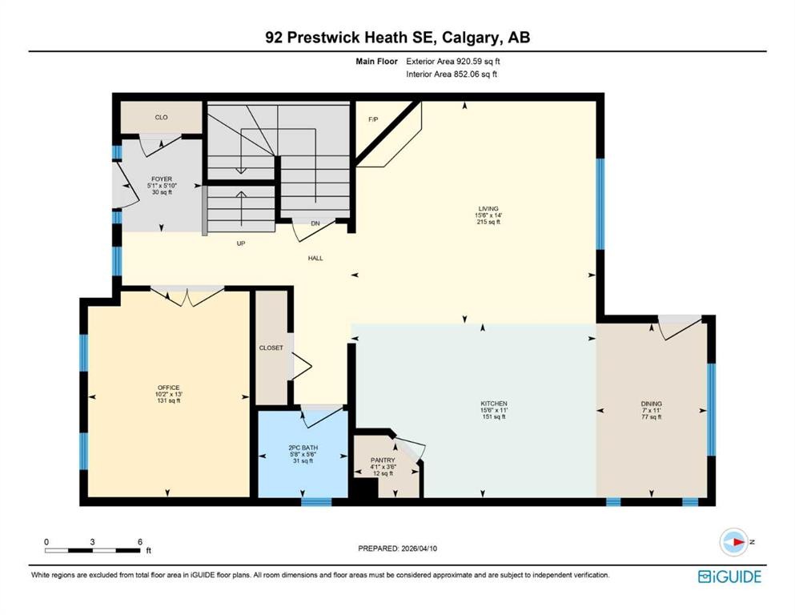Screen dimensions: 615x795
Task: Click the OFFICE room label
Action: [x=168, y=388]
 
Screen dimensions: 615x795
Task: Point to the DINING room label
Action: [x=651, y=404]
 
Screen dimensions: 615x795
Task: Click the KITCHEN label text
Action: [x=494, y=403]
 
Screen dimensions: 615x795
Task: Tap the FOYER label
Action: [x=162, y=179]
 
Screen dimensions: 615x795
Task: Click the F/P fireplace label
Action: [x=372, y=119]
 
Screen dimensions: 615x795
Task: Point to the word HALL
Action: [x=315, y=258]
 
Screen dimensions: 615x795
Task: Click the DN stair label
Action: [x=295, y=223]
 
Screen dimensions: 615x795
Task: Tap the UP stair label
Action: [x=239, y=243]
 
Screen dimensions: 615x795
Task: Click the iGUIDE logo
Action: [x=729, y=577]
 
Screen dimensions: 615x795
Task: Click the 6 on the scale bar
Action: [x=140, y=541]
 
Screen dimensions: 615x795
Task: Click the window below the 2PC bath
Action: [x=316, y=502]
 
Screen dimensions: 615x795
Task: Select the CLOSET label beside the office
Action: [x=271, y=348]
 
